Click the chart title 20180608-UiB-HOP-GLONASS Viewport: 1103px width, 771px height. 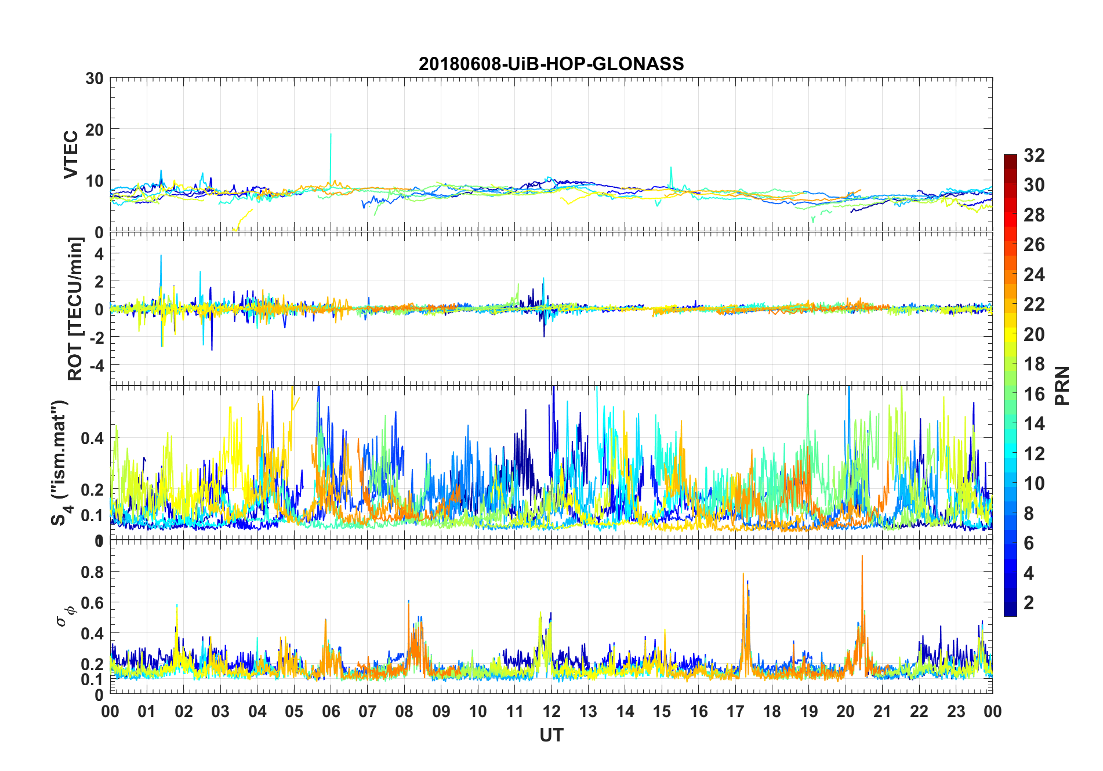[551, 64]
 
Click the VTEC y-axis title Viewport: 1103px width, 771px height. [71, 155]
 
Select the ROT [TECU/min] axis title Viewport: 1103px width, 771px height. [75, 308]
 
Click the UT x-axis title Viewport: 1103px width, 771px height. [551, 736]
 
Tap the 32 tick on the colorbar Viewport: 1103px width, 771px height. [1034, 155]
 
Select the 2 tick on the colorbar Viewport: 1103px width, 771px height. [1029, 603]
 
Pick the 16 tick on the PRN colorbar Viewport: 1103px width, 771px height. [1034, 394]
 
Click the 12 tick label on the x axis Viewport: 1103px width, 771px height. [551, 712]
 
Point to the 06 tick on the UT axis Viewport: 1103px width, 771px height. [331, 712]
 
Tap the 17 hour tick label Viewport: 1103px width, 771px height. [735, 712]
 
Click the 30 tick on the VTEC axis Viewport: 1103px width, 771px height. [95, 79]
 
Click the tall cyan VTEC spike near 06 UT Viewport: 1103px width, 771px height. [331, 137]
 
